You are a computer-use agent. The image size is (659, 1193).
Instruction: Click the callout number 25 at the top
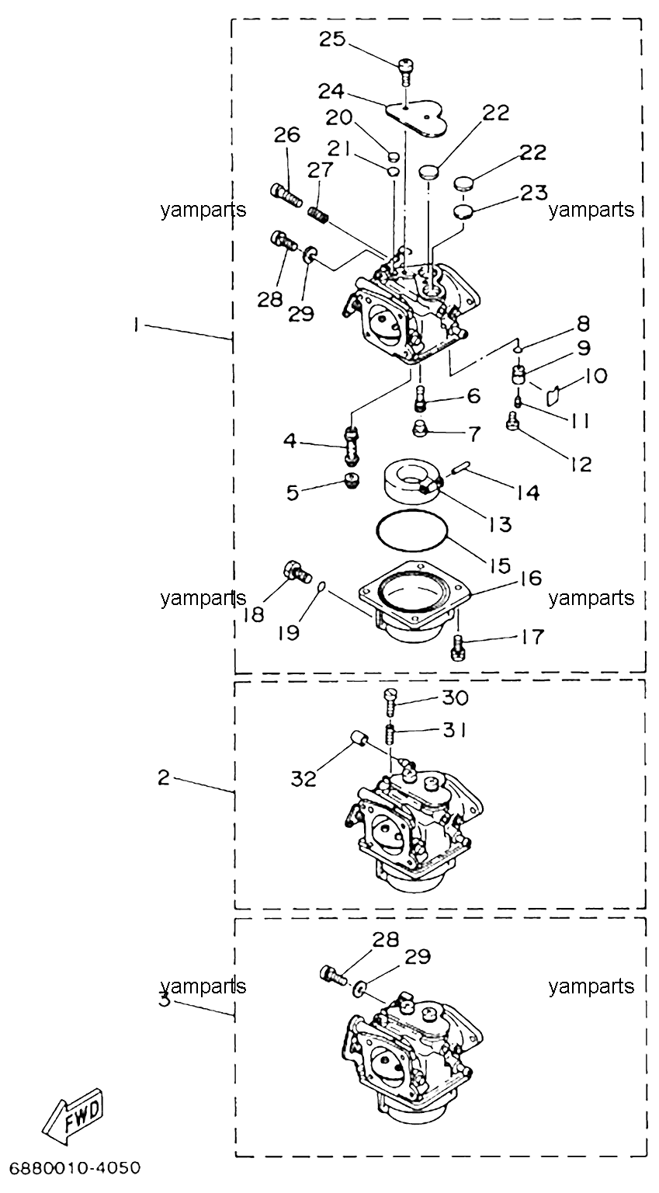333,38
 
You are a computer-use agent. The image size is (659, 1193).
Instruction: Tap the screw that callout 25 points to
405,71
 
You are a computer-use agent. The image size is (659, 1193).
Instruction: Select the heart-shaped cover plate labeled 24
416,119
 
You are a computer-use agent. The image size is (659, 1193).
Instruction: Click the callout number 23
533,193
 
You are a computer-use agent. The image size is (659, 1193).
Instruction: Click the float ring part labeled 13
411,481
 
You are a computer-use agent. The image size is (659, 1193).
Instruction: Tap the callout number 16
528,578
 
